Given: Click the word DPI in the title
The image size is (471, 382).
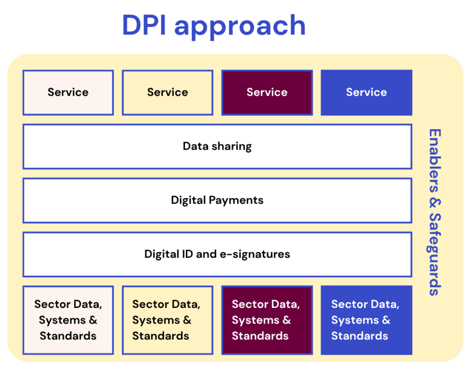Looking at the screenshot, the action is pyautogui.click(x=144, y=25).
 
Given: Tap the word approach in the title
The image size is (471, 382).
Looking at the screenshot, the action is pyautogui.click(x=240, y=28).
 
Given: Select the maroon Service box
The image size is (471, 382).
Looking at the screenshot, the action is pyautogui.click(x=267, y=93).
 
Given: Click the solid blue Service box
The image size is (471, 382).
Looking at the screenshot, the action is pyautogui.click(x=367, y=93).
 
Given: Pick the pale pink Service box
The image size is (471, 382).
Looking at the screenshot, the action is pyautogui.click(x=68, y=93).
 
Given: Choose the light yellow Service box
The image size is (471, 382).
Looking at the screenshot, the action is pyautogui.click(x=167, y=93).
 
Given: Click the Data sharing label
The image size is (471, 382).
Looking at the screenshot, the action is pyautogui.click(x=217, y=146).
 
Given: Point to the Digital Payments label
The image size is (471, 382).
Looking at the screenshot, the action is pyautogui.click(x=217, y=201).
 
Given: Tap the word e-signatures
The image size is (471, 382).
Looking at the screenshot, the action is pyautogui.click(x=255, y=255).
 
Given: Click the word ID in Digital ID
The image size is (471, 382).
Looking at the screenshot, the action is pyautogui.click(x=187, y=254).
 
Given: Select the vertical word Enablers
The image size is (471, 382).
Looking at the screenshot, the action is pyautogui.click(x=434, y=161).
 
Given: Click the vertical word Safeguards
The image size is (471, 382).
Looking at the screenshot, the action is pyautogui.click(x=434, y=255).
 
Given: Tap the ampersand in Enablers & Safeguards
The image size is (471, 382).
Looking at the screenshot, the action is pyautogui.click(x=434, y=203).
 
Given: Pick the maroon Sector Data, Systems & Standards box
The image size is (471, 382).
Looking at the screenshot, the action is pyautogui.click(x=267, y=320).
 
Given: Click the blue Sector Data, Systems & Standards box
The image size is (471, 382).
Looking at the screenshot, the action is pyautogui.click(x=367, y=320).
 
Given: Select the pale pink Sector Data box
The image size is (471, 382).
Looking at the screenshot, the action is pyautogui.click(x=68, y=320).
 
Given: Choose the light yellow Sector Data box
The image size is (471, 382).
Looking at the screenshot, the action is pyautogui.click(x=167, y=320).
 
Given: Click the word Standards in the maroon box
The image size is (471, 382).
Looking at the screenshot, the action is pyautogui.click(x=260, y=336).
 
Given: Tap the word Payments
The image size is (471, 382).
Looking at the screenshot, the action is pyautogui.click(x=236, y=201).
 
